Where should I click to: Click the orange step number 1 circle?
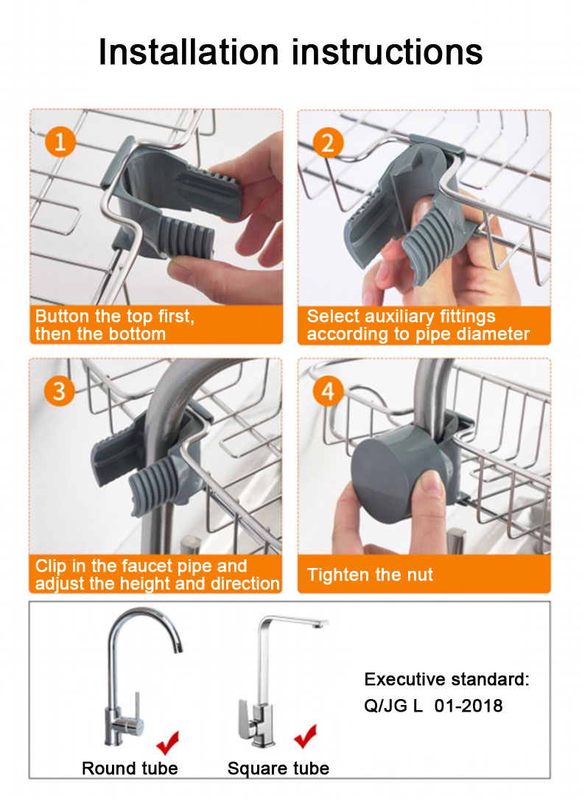tap(60, 141)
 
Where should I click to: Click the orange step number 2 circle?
tap(328, 142)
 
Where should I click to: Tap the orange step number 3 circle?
tap(59, 391)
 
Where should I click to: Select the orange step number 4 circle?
tap(328, 391)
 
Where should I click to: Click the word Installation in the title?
tap(189, 52)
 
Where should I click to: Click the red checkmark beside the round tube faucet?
tap(168, 742)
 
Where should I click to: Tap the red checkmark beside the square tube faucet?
tap(306, 736)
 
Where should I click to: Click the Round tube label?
tap(130, 768)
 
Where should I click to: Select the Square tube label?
tap(278, 768)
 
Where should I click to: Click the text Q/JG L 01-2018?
tap(433, 706)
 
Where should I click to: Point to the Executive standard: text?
tap(447, 679)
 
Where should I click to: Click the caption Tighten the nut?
tap(370, 575)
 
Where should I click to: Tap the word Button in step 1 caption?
tap(62, 316)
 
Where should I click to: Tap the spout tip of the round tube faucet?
tap(176, 647)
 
